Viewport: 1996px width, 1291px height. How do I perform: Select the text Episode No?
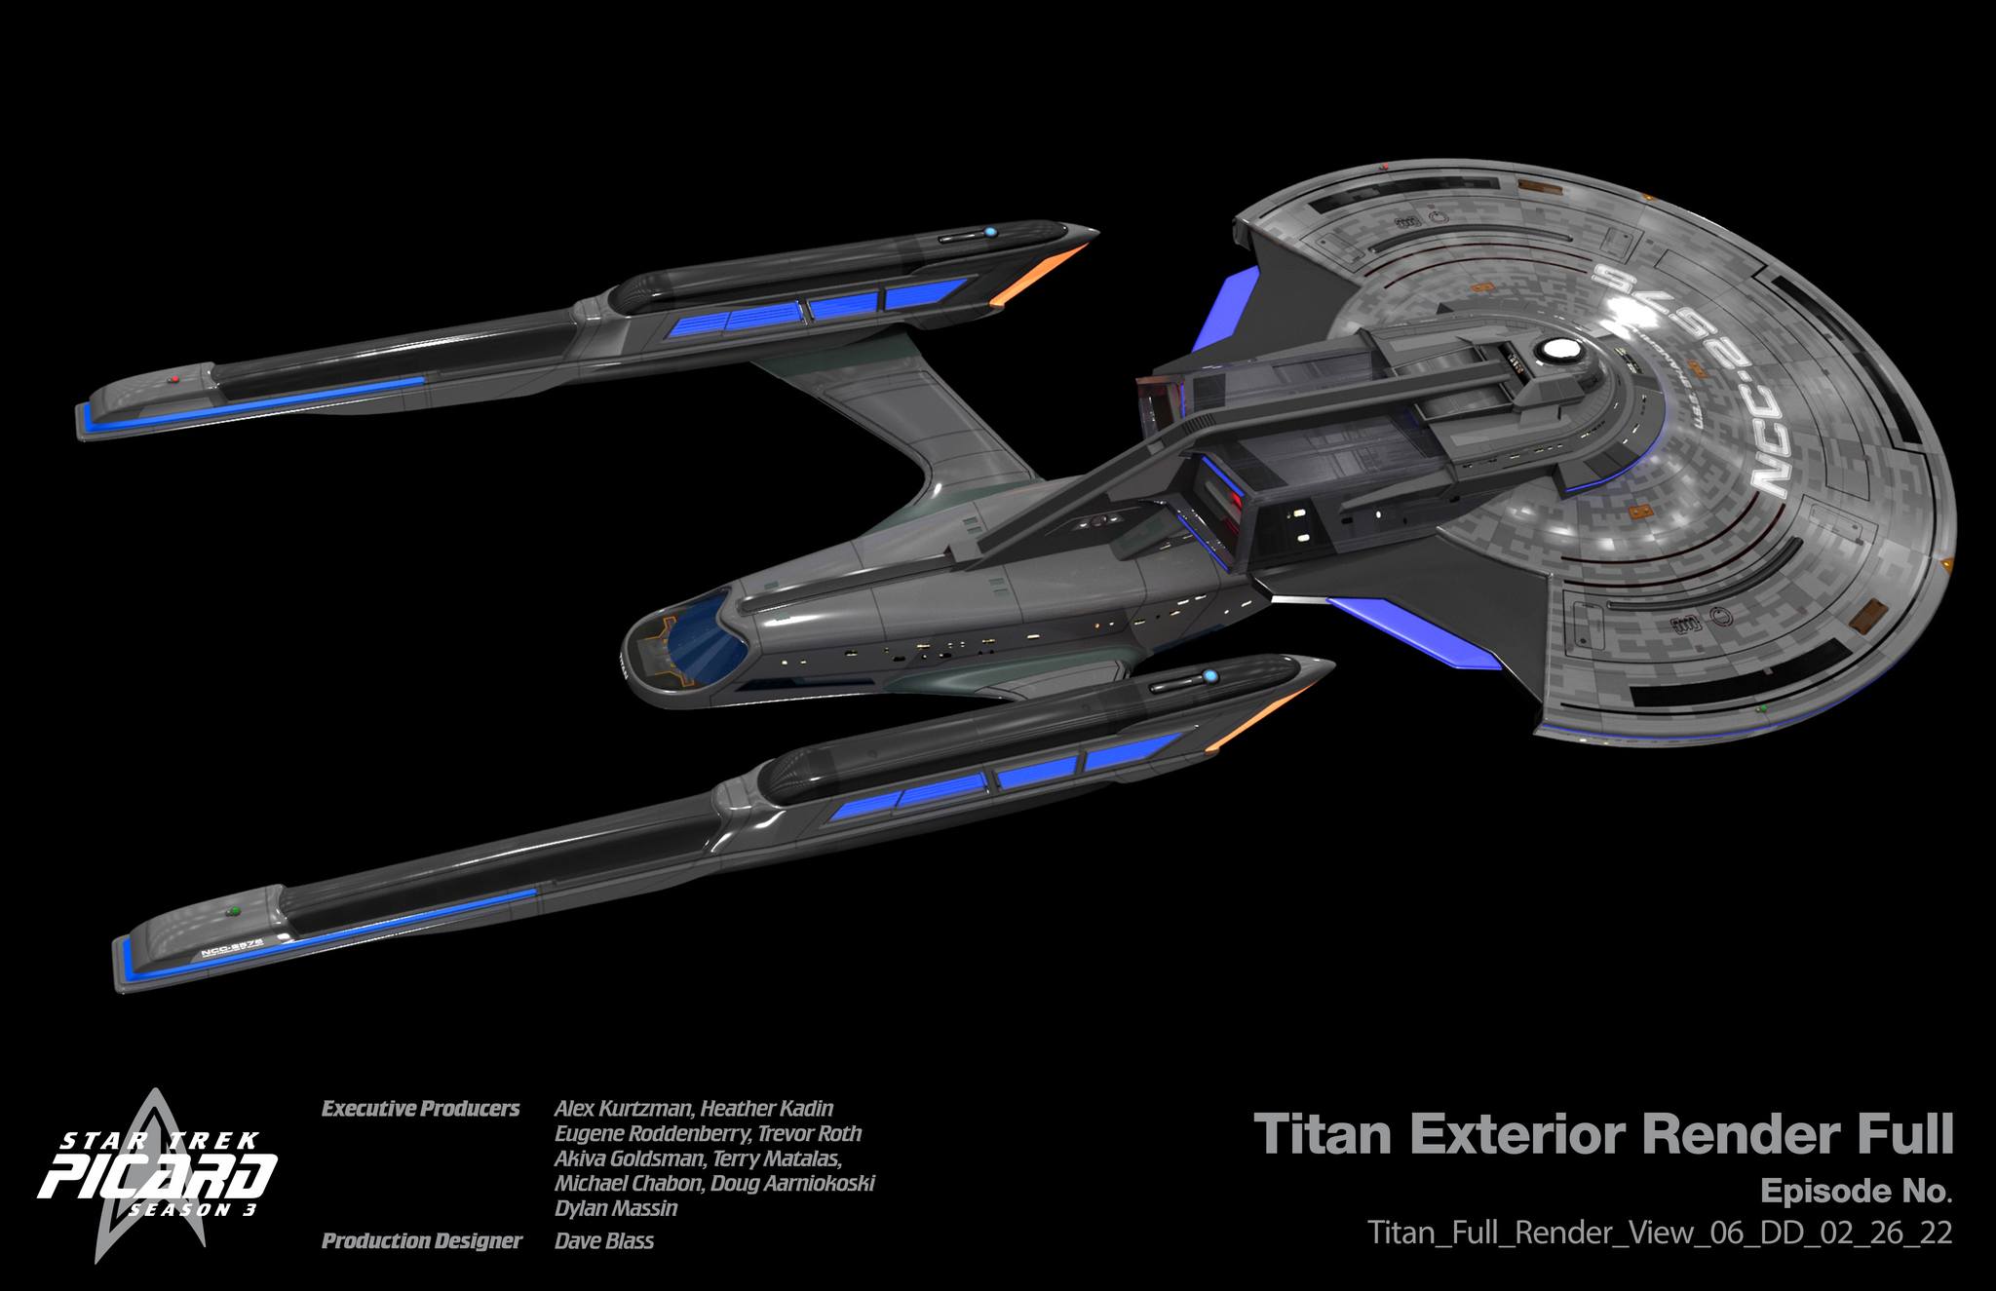tap(1856, 1192)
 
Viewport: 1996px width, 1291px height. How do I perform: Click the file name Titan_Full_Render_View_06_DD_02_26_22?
tap(1660, 1233)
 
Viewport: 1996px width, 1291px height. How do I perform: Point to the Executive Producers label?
tap(420, 1109)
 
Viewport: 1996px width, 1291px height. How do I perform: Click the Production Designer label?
tap(421, 1241)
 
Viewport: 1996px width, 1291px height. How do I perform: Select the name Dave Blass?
tap(604, 1241)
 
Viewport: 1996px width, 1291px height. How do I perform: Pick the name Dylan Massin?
tap(615, 1209)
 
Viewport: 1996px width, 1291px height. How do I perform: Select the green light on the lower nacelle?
tap(232, 912)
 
